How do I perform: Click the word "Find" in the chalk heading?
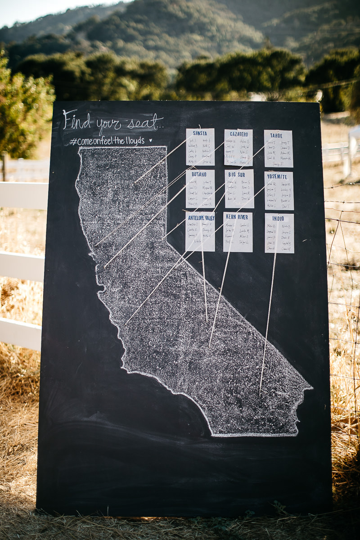77,120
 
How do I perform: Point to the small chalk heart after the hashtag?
150,140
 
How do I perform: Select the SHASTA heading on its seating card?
200,133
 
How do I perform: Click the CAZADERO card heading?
238,134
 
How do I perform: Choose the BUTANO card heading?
199,174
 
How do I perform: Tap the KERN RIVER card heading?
238,217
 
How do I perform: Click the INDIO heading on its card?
278,218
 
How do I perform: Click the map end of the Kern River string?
209,346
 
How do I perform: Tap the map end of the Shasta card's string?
135,182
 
